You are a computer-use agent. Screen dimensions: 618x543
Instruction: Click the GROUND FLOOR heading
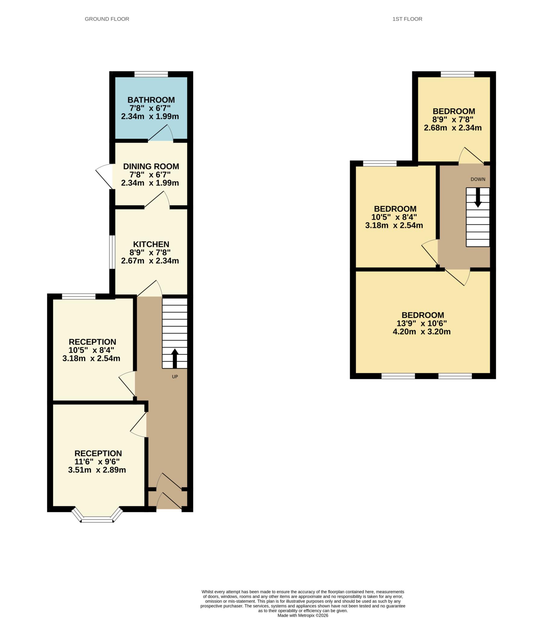click(x=107, y=19)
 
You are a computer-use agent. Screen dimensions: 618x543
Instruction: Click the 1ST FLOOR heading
click(x=407, y=19)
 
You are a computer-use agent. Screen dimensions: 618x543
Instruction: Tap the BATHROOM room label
click(x=151, y=100)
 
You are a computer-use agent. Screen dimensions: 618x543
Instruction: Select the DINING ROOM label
click(x=151, y=166)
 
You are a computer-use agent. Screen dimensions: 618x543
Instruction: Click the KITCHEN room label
click(x=151, y=244)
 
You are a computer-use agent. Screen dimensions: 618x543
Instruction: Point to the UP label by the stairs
click(x=175, y=377)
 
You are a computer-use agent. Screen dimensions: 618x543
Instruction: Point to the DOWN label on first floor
click(x=478, y=179)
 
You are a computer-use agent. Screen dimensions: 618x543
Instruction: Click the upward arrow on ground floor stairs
click(x=175, y=358)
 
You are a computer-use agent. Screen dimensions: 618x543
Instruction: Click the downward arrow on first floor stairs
click(x=478, y=198)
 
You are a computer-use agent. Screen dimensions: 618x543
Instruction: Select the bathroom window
click(x=151, y=74)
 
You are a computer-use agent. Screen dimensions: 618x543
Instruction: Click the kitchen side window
click(x=112, y=252)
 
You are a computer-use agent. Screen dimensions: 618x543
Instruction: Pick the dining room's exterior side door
click(x=104, y=176)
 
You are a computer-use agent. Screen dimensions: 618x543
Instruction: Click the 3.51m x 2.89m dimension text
click(x=97, y=470)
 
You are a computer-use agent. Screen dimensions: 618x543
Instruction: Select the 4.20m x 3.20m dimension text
click(x=421, y=332)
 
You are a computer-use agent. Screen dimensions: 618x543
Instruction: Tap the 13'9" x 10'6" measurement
click(x=421, y=323)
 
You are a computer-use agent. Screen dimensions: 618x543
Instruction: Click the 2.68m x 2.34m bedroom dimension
click(x=453, y=128)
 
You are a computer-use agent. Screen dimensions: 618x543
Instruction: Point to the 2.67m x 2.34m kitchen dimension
click(x=150, y=261)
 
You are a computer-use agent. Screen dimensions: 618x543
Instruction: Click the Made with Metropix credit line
click(x=303, y=615)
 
